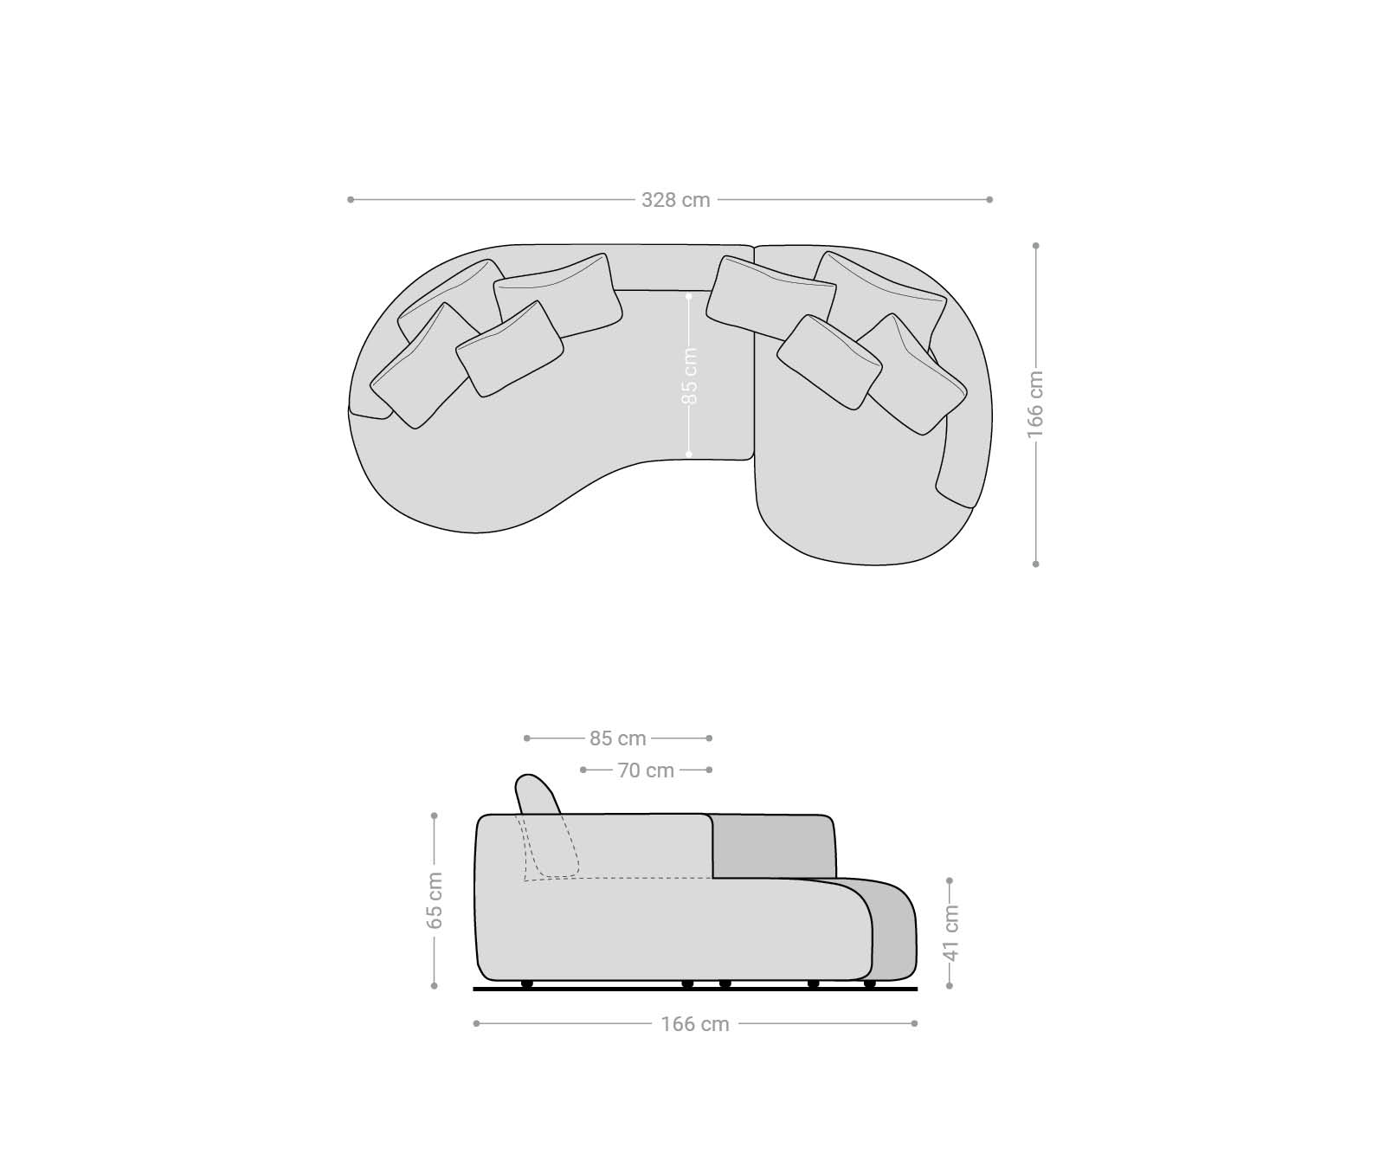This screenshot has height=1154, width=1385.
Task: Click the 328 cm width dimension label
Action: click(675, 200)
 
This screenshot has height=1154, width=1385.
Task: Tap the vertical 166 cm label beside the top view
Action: click(1035, 404)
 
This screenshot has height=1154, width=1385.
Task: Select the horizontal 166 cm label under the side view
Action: click(695, 1024)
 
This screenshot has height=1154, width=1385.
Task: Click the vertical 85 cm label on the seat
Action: click(689, 376)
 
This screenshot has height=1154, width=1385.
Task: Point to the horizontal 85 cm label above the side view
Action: click(618, 738)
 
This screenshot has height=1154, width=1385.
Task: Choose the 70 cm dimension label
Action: click(646, 770)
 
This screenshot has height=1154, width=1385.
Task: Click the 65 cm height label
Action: click(435, 900)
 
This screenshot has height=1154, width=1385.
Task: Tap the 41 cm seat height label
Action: click(950, 933)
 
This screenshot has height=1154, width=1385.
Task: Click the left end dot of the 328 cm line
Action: click(351, 200)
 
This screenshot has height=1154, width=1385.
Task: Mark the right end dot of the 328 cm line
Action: click(989, 200)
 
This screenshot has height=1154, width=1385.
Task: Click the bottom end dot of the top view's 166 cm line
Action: click(1035, 564)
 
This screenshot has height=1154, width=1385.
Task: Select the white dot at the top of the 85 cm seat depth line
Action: click(689, 296)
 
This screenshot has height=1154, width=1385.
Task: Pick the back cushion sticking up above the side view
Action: click(537, 792)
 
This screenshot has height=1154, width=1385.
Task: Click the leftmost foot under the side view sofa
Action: click(526, 983)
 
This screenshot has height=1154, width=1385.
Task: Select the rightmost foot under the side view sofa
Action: click(869, 983)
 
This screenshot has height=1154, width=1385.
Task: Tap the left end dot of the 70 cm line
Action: click(583, 770)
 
